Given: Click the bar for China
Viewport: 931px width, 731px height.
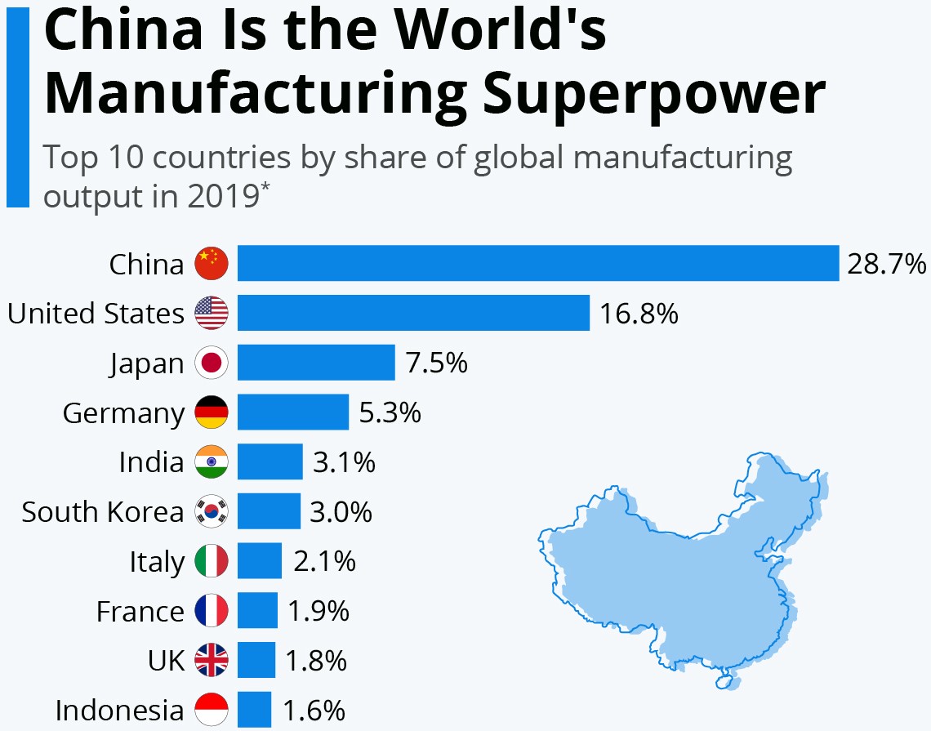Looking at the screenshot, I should pyautogui.click(x=537, y=263).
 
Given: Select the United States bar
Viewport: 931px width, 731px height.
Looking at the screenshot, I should pyautogui.click(x=413, y=313).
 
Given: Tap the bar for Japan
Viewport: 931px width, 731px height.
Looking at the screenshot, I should pyautogui.click(x=316, y=363).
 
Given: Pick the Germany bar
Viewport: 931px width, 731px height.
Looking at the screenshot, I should pyautogui.click(x=293, y=412).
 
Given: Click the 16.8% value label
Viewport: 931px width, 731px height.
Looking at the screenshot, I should pyautogui.click(x=639, y=314).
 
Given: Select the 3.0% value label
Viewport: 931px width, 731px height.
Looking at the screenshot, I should pyautogui.click(x=341, y=512).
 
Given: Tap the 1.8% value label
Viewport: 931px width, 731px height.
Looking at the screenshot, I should pyautogui.click(x=316, y=661).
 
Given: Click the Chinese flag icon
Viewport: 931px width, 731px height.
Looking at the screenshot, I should pyautogui.click(x=212, y=264).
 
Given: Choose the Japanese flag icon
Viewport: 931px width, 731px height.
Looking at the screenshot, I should pyautogui.click(x=212, y=363).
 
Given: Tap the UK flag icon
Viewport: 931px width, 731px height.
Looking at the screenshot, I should pyautogui.click(x=212, y=660).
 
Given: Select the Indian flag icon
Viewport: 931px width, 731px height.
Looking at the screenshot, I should pyautogui.click(x=212, y=462).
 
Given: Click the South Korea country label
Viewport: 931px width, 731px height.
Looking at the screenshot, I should pyautogui.click(x=103, y=512).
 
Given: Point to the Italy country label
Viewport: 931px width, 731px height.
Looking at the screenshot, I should pyautogui.click(x=157, y=562).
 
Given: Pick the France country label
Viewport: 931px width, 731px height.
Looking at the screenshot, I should pyautogui.click(x=140, y=612).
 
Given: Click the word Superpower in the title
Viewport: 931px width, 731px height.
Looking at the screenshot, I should pyautogui.click(x=653, y=93).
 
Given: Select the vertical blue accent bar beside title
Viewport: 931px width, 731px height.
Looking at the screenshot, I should pyautogui.click(x=17, y=106).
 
